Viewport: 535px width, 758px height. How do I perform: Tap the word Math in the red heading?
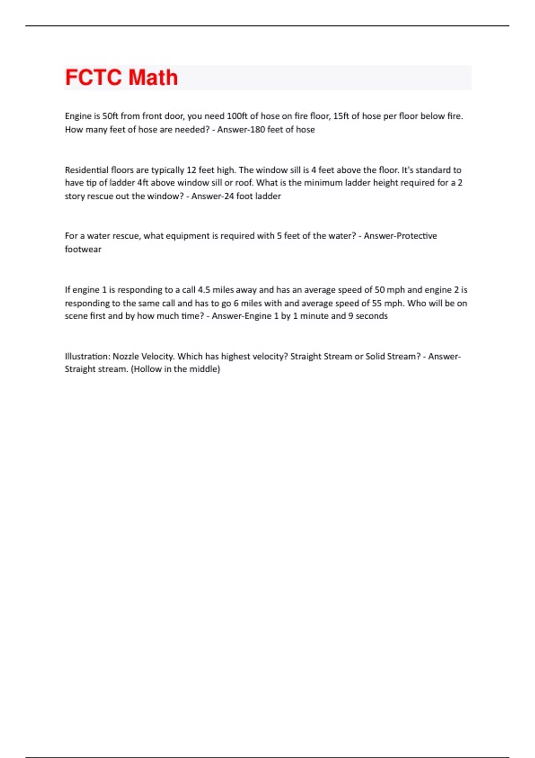click(153, 78)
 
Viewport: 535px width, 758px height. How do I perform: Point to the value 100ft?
click(236, 116)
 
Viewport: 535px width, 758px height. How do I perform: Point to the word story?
click(75, 196)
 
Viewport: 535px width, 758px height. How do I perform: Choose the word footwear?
click(83, 249)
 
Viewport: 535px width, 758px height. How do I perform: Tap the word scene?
click(75, 316)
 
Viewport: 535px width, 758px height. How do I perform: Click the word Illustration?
click(87, 356)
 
